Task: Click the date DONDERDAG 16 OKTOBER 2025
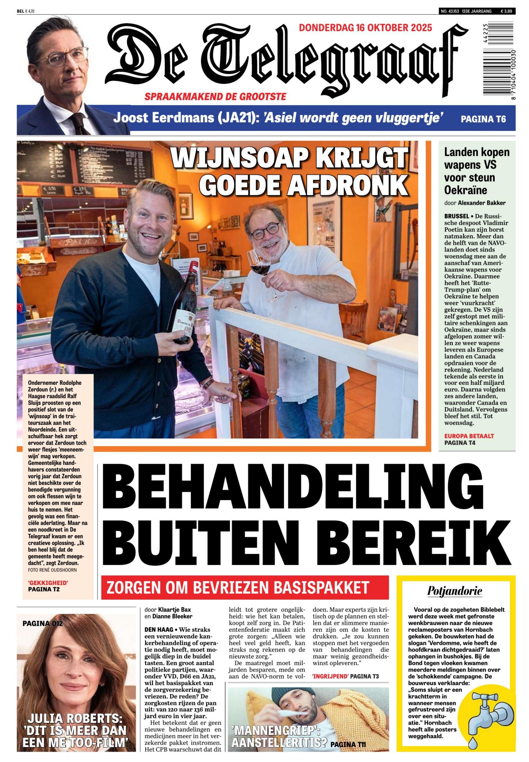[365, 28]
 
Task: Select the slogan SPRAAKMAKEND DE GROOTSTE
[215, 97]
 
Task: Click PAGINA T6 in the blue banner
[483, 119]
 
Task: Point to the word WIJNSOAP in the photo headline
[239, 158]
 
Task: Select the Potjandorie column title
[455, 591]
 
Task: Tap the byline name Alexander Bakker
[482, 203]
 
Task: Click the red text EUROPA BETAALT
[469, 436]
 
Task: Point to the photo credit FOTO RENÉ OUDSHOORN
[52, 570]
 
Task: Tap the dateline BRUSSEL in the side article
[457, 216]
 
